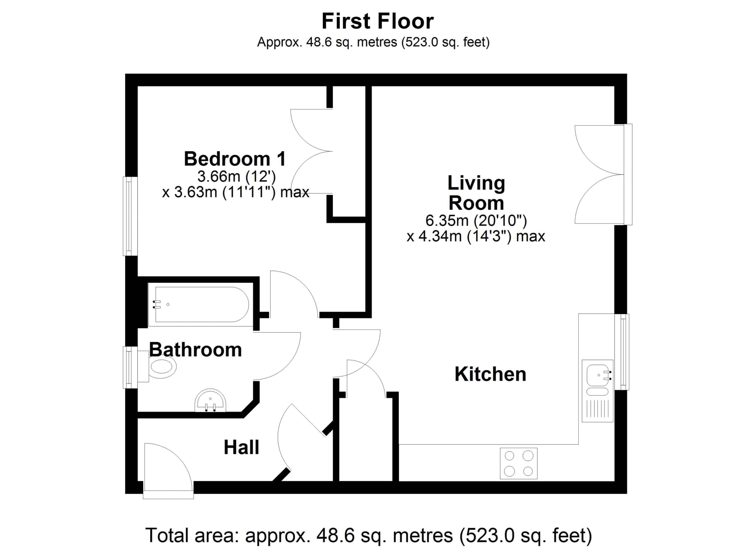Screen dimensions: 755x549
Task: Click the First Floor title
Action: pyautogui.click(x=377, y=21)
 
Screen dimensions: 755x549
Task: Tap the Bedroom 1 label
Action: pyautogui.click(x=235, y=159)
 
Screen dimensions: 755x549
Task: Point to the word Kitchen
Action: pyautogui.click(x=490, y=374)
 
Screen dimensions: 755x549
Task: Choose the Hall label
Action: pyautogui.click(x=241, y=447)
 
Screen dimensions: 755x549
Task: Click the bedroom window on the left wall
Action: pyautogui.click(x=130, y=216)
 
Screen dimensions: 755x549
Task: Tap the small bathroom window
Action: pyautogui.click(x=130, y=367)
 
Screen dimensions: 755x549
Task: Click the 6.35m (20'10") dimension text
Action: pyautogui.click(x=476, y=220)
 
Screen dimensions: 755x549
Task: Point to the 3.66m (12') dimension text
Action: pyautogui.click(x=236, y=176)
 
